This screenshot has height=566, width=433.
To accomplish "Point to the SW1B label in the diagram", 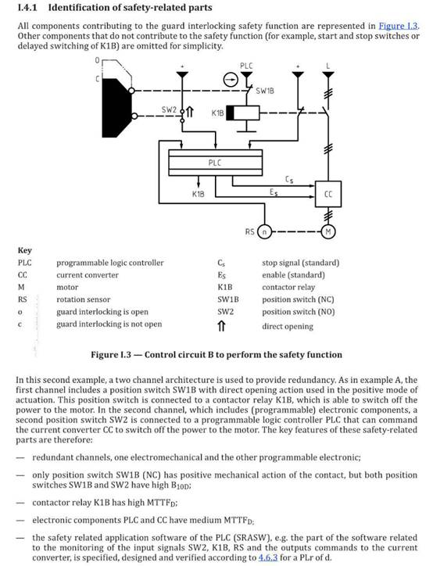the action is click(x=265, y=91).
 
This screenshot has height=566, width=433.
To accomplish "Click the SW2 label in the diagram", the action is click(x=169, y=109).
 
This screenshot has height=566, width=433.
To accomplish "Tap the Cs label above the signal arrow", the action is click(x=289, y=179).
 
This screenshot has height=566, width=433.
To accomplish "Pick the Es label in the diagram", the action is click(x=274, y=192).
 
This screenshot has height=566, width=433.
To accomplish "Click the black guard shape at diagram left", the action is click(x=116, y=108).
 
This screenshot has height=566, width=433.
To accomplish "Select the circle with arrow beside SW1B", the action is click(x=231, y=80).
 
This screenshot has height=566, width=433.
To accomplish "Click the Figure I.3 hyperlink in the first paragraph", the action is click(x=399, y=26).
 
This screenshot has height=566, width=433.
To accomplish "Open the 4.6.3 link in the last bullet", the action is click(x=268, y=557).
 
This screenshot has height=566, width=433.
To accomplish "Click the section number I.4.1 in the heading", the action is click(x=27, y=8).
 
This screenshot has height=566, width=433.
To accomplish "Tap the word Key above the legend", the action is click(x=25, y=250).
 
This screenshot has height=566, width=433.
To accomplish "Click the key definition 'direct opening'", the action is click(x=288, y=326).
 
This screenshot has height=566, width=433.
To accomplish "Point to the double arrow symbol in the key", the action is click(x=221, y=326).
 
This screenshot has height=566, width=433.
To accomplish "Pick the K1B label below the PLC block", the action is click(x=198, y=194).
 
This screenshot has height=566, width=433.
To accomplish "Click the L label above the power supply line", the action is click(x=328, y=66).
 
